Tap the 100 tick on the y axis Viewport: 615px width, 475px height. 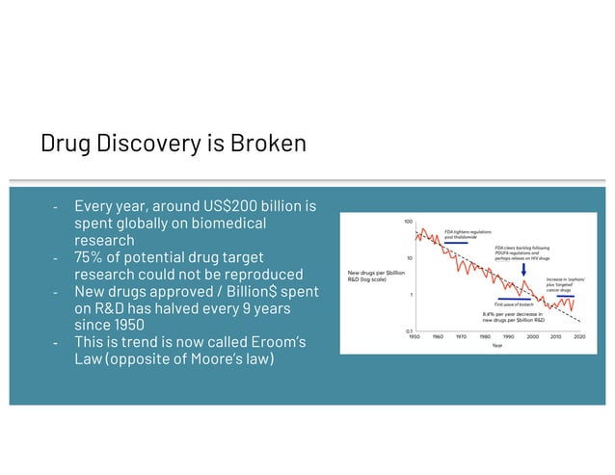pos(408,222)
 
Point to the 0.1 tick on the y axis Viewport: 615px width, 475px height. pos(409,331)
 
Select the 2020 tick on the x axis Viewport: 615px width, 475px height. pos(579,336)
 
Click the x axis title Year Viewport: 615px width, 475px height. pos(496,345)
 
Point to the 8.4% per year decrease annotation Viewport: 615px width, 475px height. pos(514,316)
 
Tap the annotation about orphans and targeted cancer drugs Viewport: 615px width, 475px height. pos(562,284)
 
